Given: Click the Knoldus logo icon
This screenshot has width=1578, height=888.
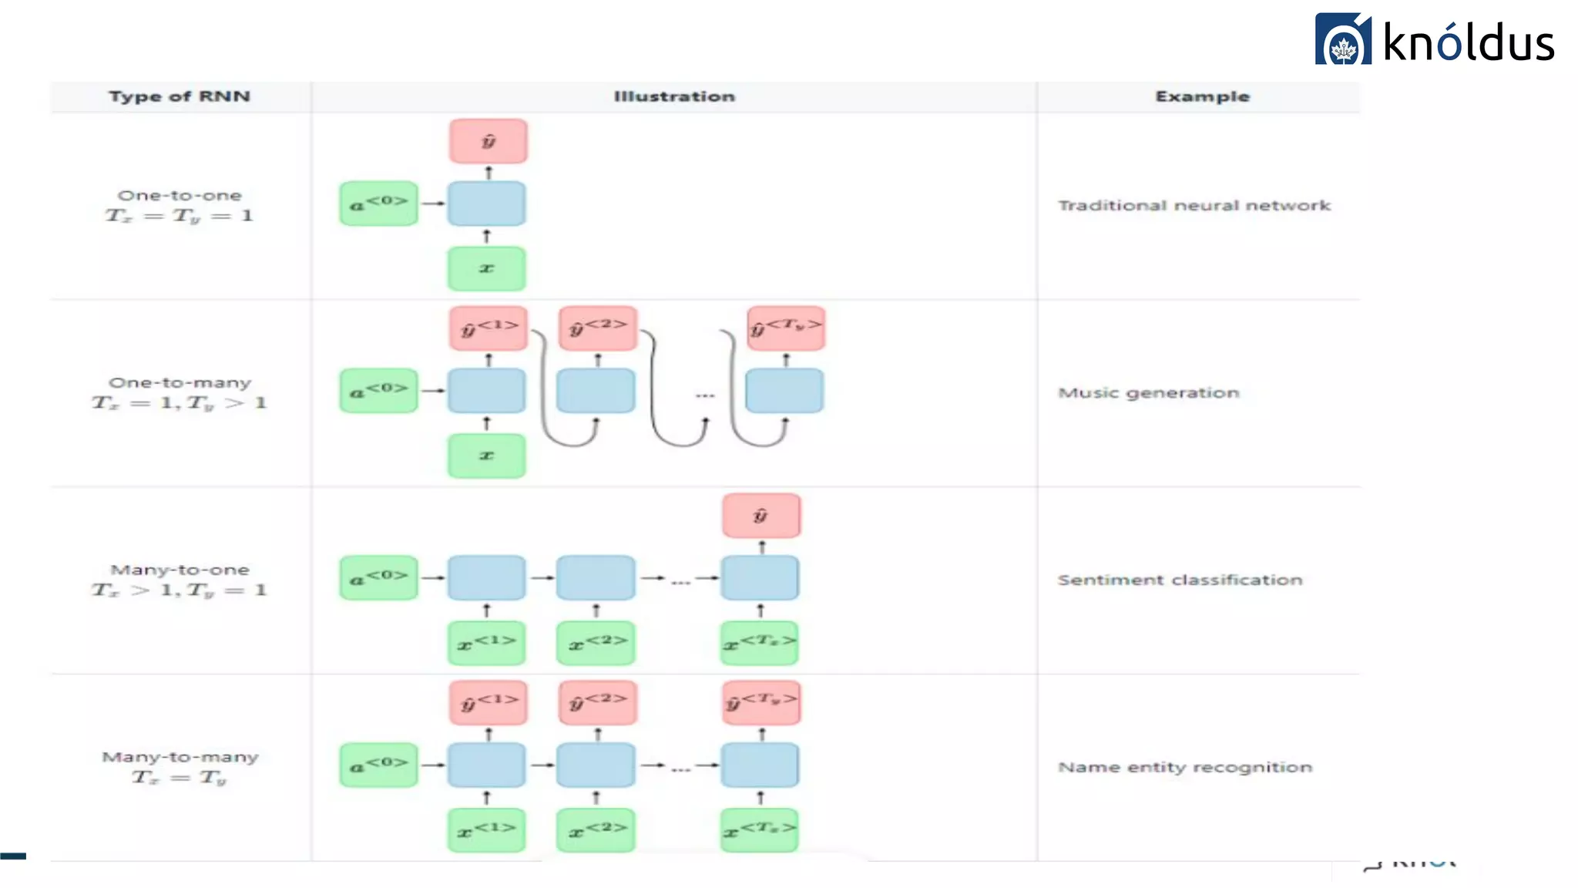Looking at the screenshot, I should click(1342, 40).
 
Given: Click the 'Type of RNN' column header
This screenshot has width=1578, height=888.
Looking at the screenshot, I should click(180, 96).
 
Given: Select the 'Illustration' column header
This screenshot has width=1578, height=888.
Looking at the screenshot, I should click(674, 96).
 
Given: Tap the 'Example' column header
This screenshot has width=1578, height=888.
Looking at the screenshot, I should click(1202, 96).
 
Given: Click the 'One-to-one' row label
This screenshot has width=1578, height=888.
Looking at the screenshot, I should click(180, 196).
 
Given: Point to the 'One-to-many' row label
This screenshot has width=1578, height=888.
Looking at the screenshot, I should click(180, 383).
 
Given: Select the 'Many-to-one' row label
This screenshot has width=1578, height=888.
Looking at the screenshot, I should click(180, 570).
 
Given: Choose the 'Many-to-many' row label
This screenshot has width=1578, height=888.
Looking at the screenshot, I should click(180, 758).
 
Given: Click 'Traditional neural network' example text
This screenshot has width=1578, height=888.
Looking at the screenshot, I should click(1194, 206).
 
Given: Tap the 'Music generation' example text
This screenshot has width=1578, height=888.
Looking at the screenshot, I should click(1148, 393).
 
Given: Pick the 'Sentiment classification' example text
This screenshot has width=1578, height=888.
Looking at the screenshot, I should click(1180, 580).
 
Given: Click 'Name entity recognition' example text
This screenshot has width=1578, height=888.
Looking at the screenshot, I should click(1184, 768).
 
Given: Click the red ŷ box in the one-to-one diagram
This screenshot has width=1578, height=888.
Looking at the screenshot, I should click(489, 141).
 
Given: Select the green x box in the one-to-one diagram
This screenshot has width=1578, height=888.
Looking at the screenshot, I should click(487, 268).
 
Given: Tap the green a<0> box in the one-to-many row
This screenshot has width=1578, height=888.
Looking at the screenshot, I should click(378, 391).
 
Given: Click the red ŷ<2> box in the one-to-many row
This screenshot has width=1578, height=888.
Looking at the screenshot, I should click(598, 328).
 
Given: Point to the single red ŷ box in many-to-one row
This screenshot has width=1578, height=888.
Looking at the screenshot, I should click(761, 516).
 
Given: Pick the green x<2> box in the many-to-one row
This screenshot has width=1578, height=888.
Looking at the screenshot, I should click(596, 643).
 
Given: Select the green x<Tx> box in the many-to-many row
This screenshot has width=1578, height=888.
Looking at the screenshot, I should click(760, 830).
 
